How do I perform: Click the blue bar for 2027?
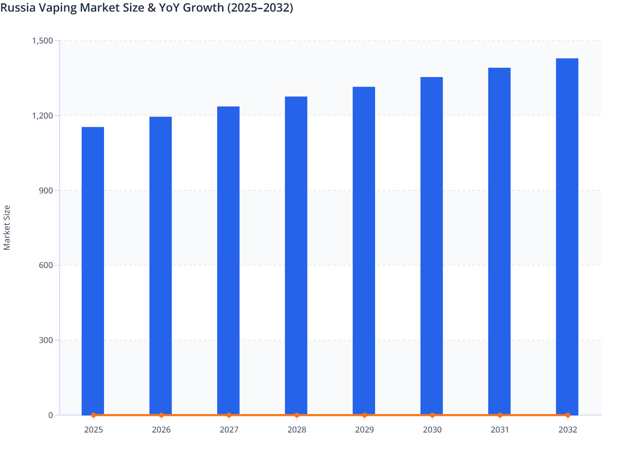(x=228, y=261)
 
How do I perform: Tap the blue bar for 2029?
(x=364, y=251)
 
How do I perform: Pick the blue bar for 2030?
(x=431, y=246)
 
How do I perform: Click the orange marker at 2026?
(x=161, y=415)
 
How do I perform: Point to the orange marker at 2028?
(x=297, y=415)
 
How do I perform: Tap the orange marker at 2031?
(x=500, y=415)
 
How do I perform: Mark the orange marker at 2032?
(x=568, y=415)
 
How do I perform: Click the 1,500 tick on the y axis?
(x=43, y=41)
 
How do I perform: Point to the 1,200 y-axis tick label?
(x=43, y=116)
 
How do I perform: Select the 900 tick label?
(x=46, y=191)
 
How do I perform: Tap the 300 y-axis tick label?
(x=46, y=340)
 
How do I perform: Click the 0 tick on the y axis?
(x=51, y=415)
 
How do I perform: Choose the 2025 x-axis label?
(x=94, y=430)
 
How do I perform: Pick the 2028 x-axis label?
(x=297, y=430)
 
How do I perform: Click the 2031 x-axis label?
(x=500, y=430)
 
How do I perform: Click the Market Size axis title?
(x=7, y=227)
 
